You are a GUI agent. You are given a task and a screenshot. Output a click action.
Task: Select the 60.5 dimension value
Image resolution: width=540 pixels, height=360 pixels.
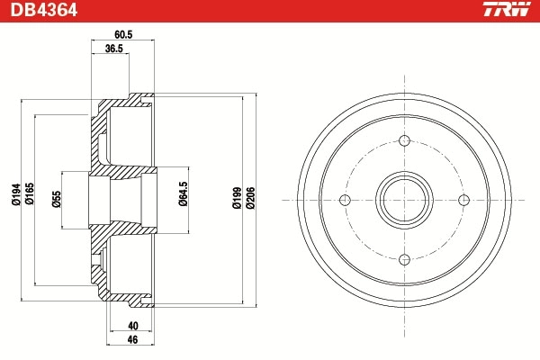(123, 33)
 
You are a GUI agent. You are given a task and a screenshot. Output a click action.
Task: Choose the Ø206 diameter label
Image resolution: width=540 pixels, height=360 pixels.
(250, 199)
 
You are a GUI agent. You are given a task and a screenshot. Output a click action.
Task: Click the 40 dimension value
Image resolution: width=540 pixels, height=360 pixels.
(133, 326)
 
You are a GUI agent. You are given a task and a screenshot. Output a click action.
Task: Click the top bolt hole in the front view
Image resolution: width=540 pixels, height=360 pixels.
(404, 140)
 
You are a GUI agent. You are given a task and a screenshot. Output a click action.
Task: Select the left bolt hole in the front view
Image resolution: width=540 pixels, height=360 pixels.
(345, 200)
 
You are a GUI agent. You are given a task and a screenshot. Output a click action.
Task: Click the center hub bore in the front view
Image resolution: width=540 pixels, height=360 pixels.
(404, 200)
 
